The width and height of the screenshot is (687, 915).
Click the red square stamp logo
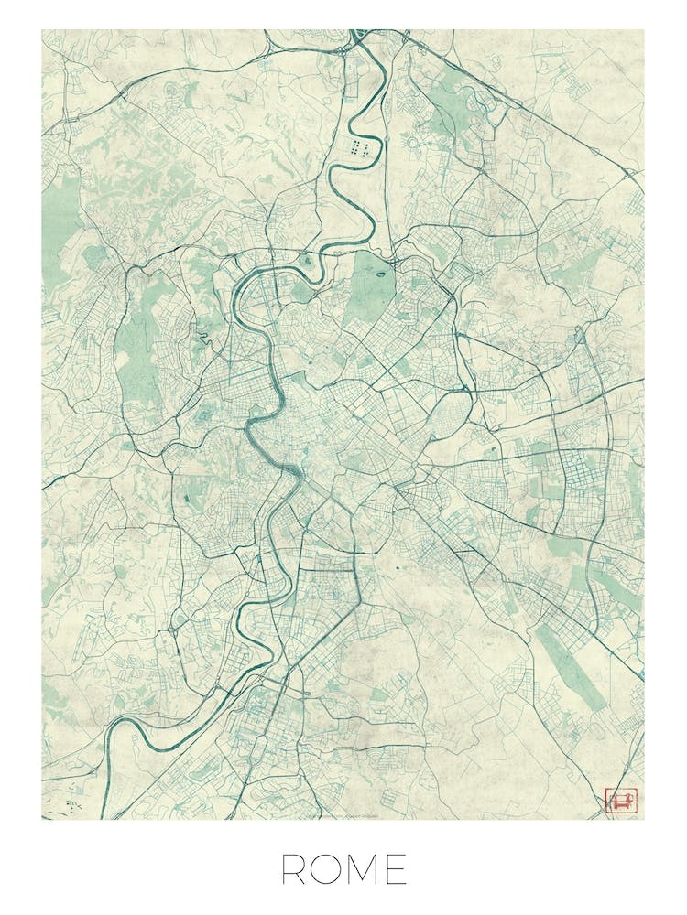coord(619,802)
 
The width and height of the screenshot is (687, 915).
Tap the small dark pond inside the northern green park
coord(379,270)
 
